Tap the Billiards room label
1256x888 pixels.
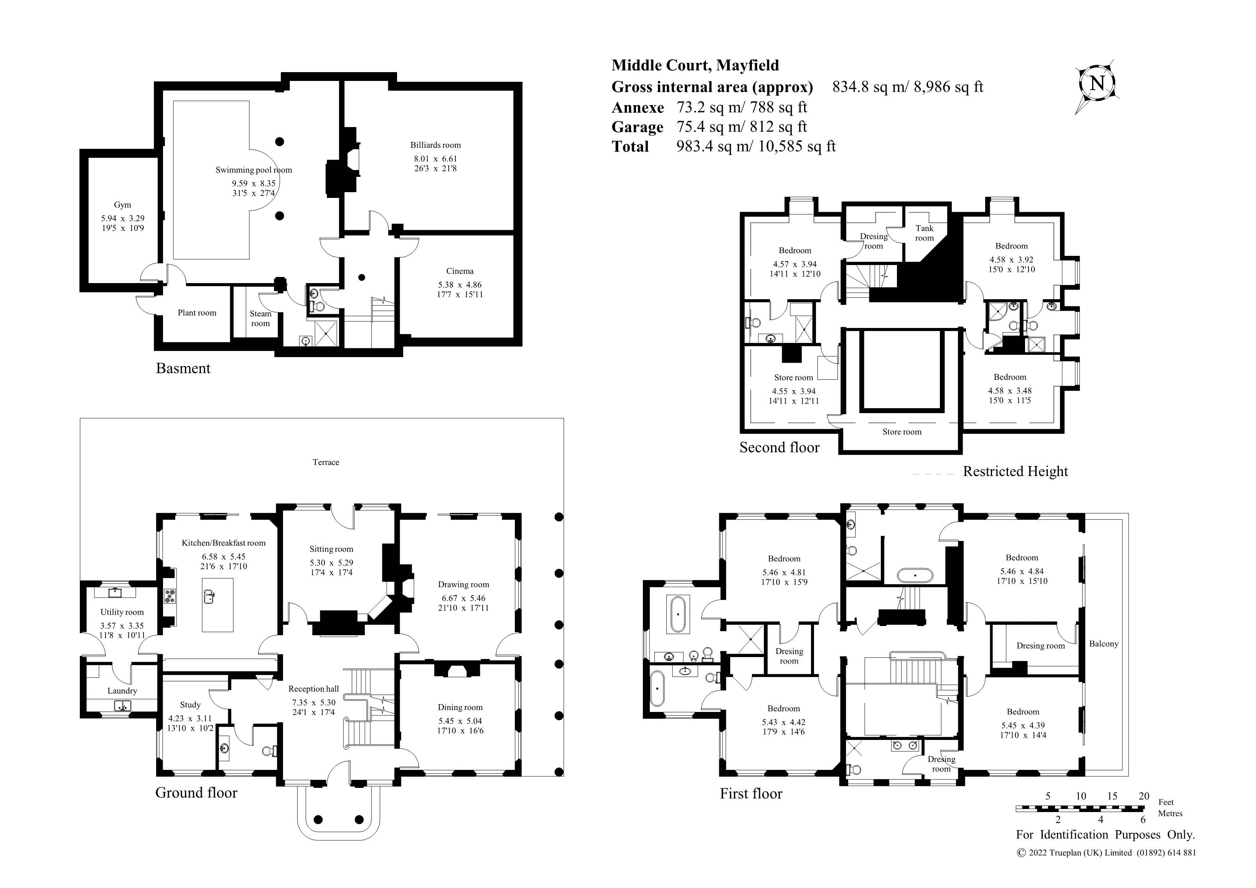tap(435, 145)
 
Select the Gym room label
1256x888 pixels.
tap(122, 204)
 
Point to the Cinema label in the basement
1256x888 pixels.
tap(460, 271)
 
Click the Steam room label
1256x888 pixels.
tap(260, 318)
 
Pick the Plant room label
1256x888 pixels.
tap(197, 313)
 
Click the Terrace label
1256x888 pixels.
tap(326, 462)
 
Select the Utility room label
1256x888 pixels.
tap(122, 612)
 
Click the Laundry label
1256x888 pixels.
tap(122, 691)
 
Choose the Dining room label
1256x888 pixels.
tap(460, 707)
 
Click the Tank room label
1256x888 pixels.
tap(925, 233)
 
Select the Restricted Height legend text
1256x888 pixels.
tap(1015, 472)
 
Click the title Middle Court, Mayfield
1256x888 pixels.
tap(695, 65)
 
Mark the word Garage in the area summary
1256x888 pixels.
tap(637, 127)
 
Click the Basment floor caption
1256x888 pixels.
tap(183, 368)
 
